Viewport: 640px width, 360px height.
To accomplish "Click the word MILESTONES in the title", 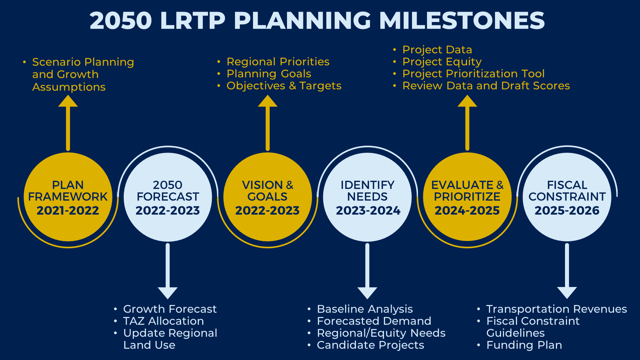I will point(462,21).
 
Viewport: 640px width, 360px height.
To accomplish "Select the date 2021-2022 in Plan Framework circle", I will point(68,211).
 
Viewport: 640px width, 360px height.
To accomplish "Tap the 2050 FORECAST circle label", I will point(168,191).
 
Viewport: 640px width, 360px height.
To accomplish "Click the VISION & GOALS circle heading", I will point(267,191).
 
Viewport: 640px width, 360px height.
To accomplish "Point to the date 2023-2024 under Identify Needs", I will point(368,211).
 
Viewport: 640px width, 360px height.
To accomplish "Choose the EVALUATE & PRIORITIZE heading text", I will point(467,191).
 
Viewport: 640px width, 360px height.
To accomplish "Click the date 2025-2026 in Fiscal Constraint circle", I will point(567,211).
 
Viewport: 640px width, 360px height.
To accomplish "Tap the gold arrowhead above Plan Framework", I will point(68,101).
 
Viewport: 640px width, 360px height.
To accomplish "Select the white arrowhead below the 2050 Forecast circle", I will point(168,292).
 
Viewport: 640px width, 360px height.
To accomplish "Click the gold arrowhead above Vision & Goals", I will point(267,101).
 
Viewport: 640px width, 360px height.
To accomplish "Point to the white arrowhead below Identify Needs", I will point(367,292).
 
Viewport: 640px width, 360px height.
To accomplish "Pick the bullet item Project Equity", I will point(442,62).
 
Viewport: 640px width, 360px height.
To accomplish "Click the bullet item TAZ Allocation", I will point(163,321).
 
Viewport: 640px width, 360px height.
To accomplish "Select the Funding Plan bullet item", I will point(524,345).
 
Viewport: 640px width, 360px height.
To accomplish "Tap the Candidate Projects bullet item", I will point(370,345).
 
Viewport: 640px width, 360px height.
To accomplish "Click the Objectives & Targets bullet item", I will point(284,86).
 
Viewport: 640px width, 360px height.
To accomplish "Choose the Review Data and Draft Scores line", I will point(486,86).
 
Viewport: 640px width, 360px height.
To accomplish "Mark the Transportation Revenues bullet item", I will point(556,309).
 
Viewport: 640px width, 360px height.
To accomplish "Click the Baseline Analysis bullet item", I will point(365,309).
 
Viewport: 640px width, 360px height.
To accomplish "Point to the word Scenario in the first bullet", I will point(56,62).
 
